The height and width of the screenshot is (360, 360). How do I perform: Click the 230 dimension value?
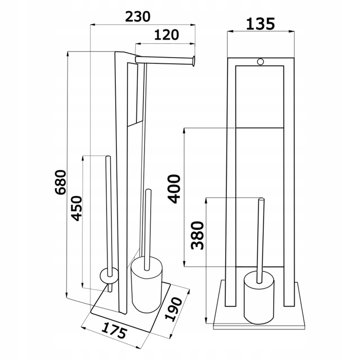138,17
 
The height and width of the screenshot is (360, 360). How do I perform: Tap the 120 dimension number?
167,35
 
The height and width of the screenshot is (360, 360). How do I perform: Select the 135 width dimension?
260,24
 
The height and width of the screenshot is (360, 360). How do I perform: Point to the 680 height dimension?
61,182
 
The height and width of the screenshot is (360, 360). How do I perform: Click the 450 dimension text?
77,208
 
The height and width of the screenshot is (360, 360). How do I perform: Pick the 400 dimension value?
174,189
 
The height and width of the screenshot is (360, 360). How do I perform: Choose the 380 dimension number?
197,236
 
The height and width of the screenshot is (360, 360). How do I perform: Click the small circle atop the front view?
261,62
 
